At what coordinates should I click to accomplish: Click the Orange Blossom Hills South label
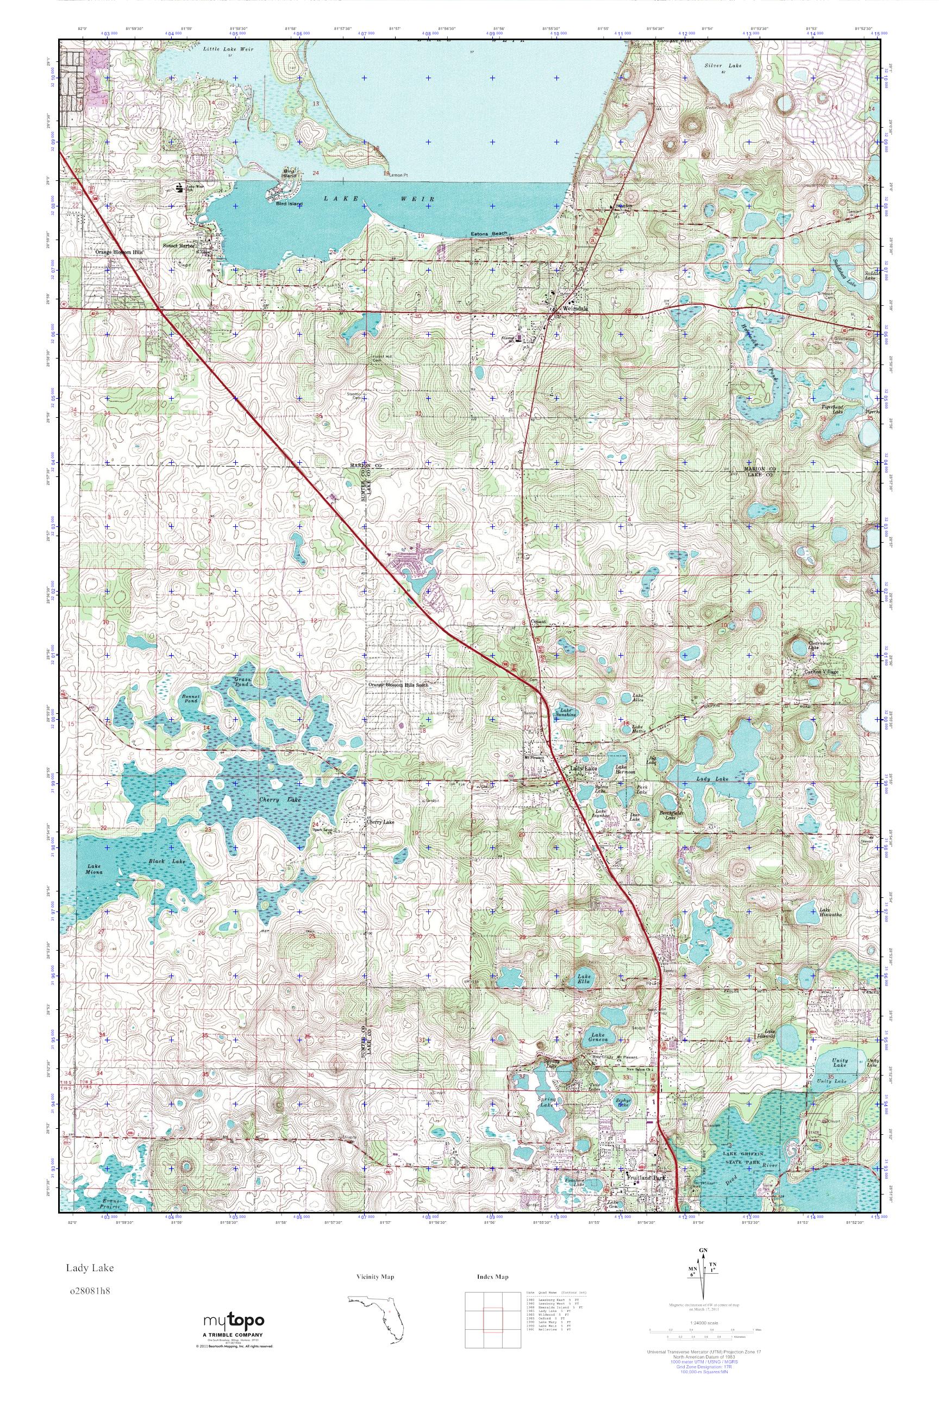click(398, 685)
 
